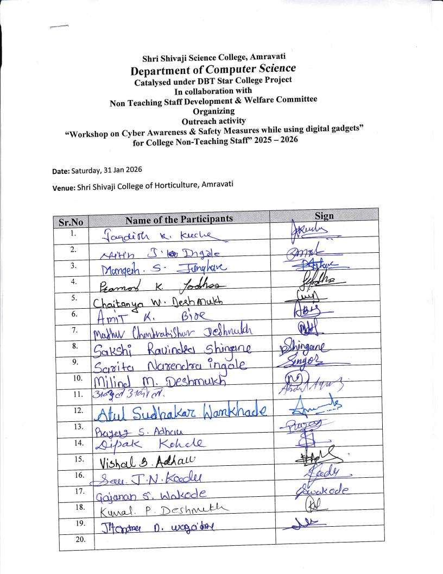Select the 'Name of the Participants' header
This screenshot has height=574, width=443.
point(179,219)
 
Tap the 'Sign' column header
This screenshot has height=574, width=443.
point(324,216)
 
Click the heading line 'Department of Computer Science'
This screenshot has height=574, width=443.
point(213,70)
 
